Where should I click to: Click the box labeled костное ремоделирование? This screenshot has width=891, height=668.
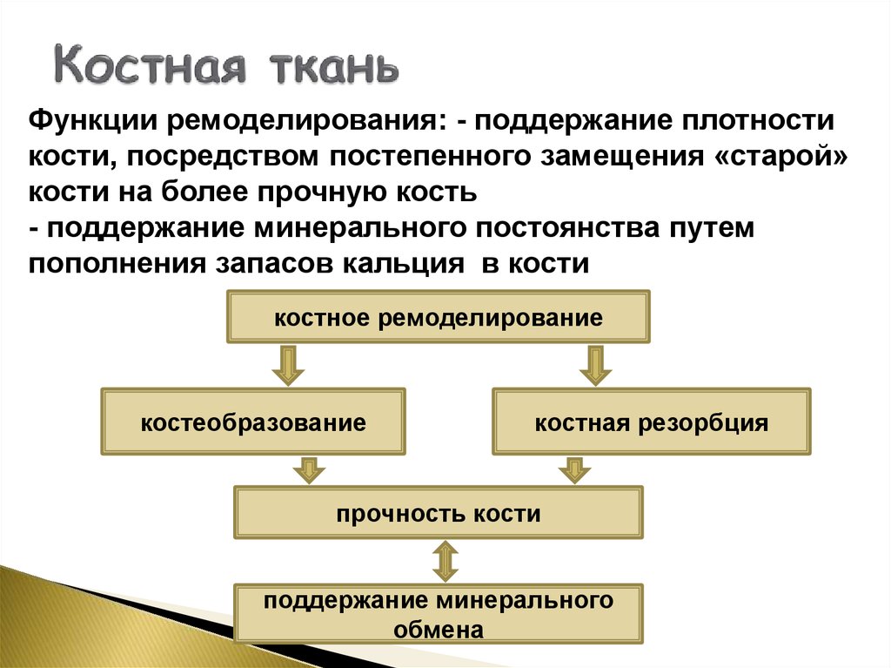coord(439,317)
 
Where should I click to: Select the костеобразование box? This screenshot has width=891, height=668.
coord(253,423)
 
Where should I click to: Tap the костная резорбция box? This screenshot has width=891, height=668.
coord(652,423)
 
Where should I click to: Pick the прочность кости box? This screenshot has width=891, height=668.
coord(439,513)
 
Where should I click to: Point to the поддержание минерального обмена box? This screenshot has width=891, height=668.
coord(439,614)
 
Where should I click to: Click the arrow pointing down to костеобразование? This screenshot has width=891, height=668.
coord(288,365)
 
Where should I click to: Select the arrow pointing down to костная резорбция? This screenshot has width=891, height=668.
coord(595,365)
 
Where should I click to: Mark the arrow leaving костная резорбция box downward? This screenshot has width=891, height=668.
coord(573,469)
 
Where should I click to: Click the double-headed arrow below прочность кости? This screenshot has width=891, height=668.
coord(445,562)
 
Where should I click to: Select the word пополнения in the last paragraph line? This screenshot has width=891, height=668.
coord(112,264)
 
